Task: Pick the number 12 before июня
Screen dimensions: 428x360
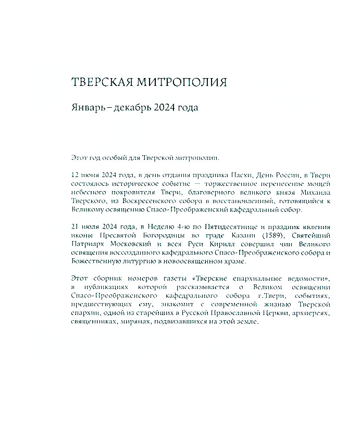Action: click(x=74, y=175)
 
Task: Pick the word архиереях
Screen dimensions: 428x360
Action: click(x=315, y=313)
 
